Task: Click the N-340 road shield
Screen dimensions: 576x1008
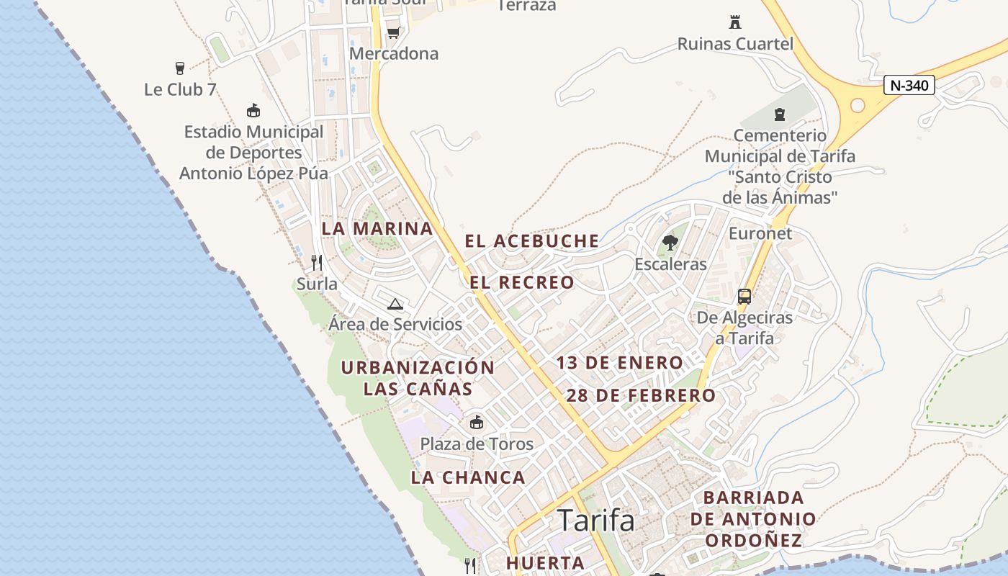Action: tap(909, 86)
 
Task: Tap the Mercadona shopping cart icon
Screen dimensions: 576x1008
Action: tap(393, 32)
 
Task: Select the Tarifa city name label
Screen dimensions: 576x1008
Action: tap(596, 519)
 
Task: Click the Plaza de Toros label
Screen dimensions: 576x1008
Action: tap(477, 444)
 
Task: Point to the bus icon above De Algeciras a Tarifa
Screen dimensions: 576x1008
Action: tap(744, 296)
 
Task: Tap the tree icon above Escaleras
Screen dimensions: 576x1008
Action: tap(670, 242)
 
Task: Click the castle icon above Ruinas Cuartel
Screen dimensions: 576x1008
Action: tap(735, 22)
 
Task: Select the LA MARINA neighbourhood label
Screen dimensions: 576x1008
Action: tap(377, 229)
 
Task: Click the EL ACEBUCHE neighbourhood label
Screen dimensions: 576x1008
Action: tap(532, 241)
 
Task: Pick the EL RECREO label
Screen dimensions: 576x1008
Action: tap(522, 282)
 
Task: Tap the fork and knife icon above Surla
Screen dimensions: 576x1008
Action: tap(316, 262)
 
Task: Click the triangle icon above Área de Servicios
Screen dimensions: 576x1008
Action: tap(395, 304)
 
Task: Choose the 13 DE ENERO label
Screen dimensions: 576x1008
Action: tap(619, 363)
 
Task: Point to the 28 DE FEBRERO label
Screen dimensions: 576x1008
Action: tap(641, 395)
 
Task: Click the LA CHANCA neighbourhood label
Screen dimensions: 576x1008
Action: tap(468, 477)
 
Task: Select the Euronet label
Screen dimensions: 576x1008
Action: tap(760, 233)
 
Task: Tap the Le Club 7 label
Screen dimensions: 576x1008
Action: tap(180, 90)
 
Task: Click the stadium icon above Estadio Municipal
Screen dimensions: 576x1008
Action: tap(253, 111)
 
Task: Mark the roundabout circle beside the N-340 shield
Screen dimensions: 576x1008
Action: tap(858, 105)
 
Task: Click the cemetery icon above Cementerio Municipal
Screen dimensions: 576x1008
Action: tap(779, 114)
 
